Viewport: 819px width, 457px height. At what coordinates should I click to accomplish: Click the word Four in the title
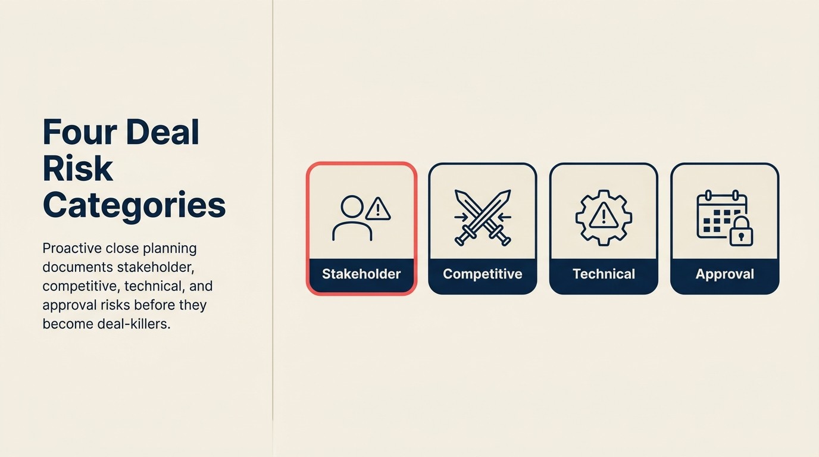coord(79,132)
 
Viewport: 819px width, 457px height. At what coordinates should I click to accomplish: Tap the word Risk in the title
coord(77,168)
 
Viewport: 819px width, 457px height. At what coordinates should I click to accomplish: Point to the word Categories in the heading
coord(134,205)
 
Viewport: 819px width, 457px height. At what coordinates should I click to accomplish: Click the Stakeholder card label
coord(361,274)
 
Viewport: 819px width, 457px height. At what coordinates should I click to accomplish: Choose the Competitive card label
coord(483,274)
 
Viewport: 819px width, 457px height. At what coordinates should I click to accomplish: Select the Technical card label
coord(604,274)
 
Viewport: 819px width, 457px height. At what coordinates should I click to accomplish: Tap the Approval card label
coord(724,274)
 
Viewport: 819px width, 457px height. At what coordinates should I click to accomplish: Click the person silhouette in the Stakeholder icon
coord(352,219)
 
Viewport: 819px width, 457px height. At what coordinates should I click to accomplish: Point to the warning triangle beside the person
coord(377,209)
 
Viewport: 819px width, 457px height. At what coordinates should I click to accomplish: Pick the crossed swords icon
coord(483,217)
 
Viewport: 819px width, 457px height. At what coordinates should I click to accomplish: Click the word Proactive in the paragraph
coord(71,248)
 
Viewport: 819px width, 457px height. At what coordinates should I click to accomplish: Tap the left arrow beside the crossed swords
coord(460,217)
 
